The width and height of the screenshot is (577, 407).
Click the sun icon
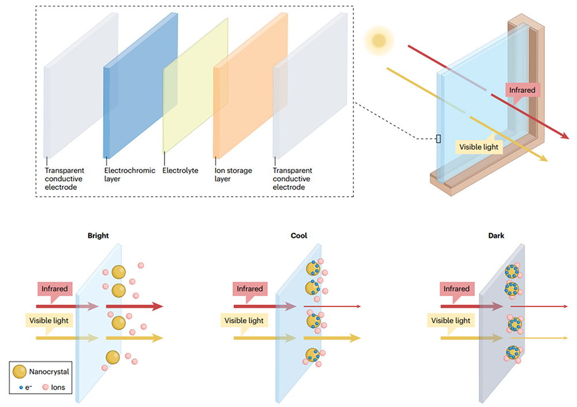(379, 40)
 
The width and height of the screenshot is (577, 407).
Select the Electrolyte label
(180, 171)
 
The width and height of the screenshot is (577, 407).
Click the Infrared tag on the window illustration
(522, 90)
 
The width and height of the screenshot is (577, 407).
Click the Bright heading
(98, 236)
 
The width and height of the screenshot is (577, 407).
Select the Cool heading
(299, 236)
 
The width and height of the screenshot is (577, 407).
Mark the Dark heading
(496, 236)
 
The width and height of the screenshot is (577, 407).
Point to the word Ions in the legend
(58, 387)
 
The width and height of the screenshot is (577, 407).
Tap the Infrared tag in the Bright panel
(54, 289)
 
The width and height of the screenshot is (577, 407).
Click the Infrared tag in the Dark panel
(458, 289)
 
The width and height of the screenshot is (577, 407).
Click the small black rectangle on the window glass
(438, 139)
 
